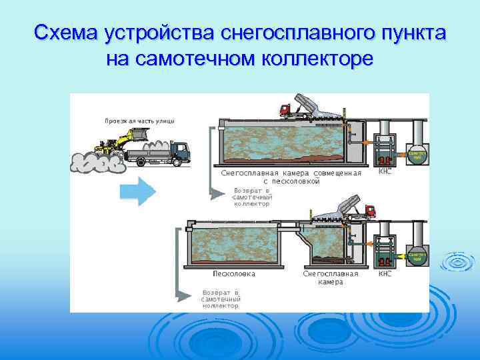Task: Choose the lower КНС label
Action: click(385, 273)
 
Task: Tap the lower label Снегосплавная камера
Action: click(331, 278)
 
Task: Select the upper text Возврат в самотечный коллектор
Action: click(252, 197)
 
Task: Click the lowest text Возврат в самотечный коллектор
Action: click(221, 299)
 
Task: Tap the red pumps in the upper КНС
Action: click(384, 160)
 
